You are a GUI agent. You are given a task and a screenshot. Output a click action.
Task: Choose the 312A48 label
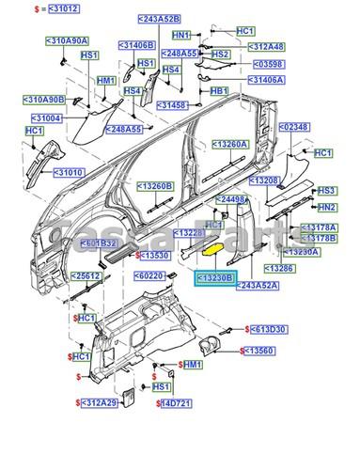point(270,47)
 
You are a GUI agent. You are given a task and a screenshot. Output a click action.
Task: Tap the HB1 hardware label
point(218,91)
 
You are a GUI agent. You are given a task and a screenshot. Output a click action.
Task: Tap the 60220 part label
point(150,275)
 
